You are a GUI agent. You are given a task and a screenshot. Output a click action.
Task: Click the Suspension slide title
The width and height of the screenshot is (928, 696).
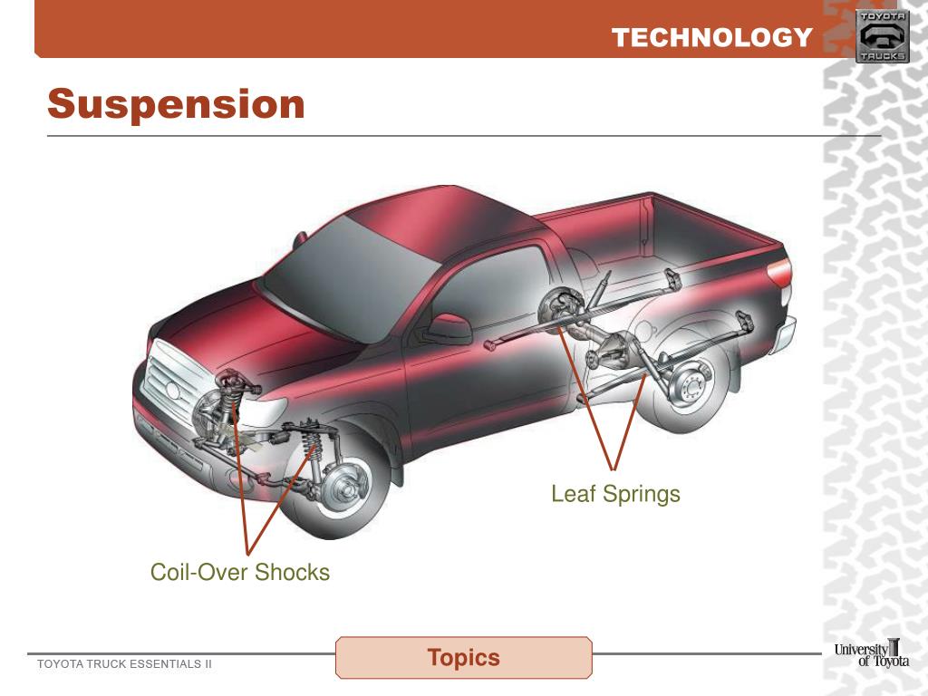pos(176,104)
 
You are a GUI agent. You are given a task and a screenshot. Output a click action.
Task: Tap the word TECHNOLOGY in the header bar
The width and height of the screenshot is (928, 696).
pos(711,37)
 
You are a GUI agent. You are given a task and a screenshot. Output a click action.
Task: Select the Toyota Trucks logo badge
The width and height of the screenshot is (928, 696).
pos(882,36)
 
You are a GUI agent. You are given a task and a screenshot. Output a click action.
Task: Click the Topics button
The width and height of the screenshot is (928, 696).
pos(463,657)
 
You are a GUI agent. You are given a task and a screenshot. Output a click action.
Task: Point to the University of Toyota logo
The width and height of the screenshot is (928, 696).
pos(871,654)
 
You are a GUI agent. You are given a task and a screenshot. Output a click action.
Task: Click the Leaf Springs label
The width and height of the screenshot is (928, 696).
pos(615,494)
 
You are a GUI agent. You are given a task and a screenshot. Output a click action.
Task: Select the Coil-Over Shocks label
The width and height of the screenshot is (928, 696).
pos(240,573)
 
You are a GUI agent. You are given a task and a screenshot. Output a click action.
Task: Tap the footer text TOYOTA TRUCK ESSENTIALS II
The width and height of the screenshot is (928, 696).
pos(124,664)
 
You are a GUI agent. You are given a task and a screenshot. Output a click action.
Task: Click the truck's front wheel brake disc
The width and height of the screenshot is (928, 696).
pos(346,486)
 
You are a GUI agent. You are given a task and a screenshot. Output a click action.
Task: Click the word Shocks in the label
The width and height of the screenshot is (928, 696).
pos(293,573)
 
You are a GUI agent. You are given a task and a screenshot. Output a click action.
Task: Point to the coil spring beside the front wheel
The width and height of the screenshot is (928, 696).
pos(314,448)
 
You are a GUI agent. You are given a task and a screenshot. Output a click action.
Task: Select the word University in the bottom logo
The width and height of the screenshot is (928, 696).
pos(862,648)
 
